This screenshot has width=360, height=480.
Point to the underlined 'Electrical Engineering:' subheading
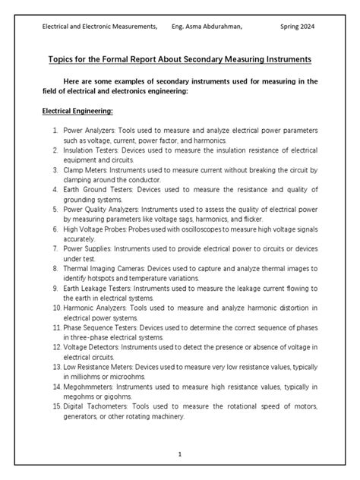coord(77,111)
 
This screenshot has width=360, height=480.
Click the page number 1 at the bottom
coord(179,453)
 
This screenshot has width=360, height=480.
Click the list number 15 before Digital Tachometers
coord(55,407)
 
